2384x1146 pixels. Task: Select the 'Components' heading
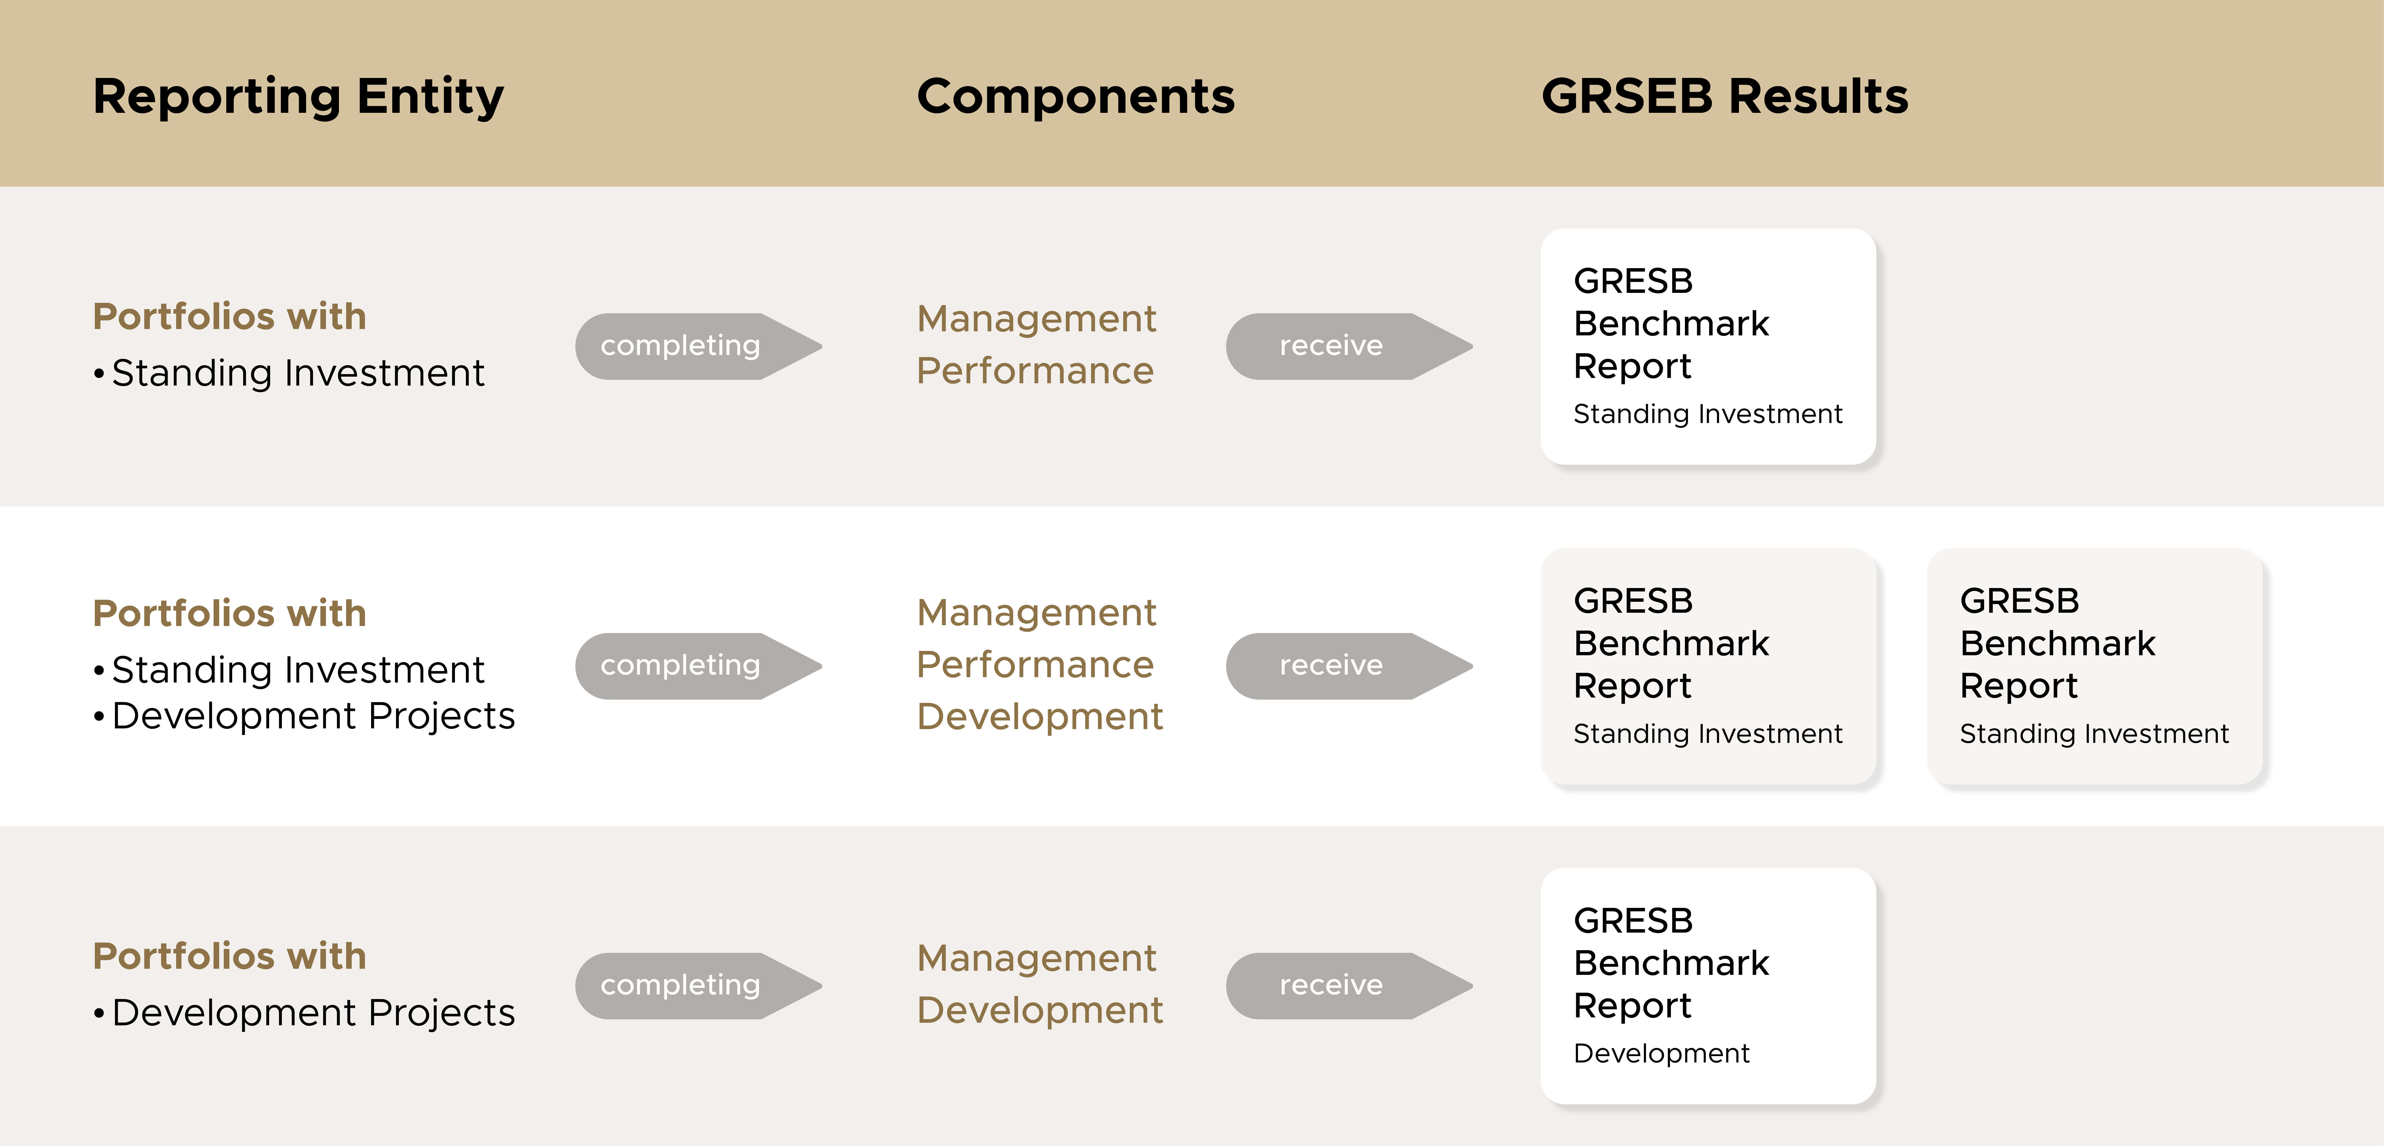click(x=1075, y=96)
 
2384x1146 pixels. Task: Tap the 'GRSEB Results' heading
click(x=1725, y=96)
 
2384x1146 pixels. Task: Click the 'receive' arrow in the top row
click(x=1349, y=346)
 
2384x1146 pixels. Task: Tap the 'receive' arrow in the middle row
click(x=1349, y=666)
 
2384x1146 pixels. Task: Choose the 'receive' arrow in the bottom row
click(x=1349, y=986)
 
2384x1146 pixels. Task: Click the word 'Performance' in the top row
click(x=1035, y=371)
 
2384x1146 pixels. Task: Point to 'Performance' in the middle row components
click(x=1035, y=665)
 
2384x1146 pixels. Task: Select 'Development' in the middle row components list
click(x=1039, y=717)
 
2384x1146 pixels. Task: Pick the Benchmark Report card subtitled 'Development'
click(x=1708, y=986)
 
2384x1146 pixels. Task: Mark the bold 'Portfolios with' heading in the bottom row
click(x=230, y=956)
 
